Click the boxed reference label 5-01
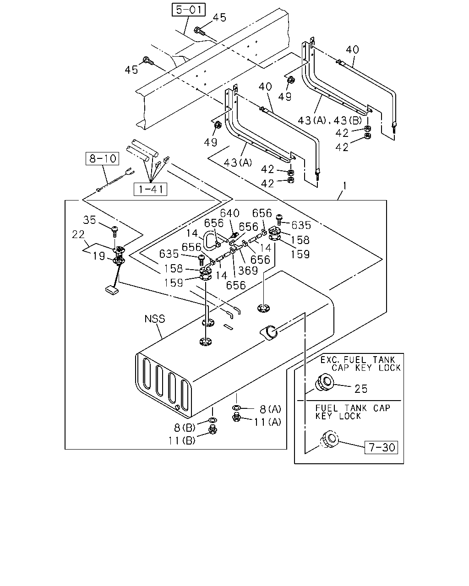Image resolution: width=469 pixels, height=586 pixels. click(188, 10)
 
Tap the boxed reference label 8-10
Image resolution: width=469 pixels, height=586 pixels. click(103, 158)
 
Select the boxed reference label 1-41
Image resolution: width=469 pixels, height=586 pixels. click(150, 189)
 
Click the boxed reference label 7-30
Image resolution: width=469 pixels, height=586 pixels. click(381, 447)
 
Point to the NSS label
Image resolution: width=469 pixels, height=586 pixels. click(155, 319)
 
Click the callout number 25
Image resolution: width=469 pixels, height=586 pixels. click(361, 389)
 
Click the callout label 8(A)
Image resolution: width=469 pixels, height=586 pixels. click(270, 409)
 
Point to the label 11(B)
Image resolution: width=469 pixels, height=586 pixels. click(182, 440)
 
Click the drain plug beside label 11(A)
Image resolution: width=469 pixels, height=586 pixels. click(236, 418)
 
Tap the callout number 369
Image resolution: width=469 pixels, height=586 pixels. click(248, 271)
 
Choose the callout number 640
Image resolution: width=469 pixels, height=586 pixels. click(229, 213)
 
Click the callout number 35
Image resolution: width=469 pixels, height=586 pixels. click(89, 220)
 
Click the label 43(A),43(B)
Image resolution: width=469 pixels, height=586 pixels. click(330, 120)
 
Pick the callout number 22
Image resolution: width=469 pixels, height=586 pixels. click(78, 234)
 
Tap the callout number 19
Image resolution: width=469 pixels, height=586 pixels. click(98, 256)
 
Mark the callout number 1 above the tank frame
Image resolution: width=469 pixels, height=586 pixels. click(345, 186)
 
